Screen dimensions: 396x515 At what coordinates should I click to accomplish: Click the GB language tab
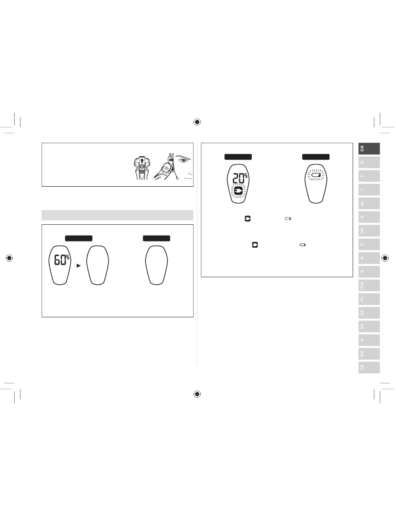[x=369, y=149]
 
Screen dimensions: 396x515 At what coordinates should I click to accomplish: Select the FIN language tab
[x=369, y=285]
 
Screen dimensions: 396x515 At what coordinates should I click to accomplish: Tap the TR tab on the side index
[x=369, y=367]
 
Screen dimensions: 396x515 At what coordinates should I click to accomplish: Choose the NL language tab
[x=369, y=203]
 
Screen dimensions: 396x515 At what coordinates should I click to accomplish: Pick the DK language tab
[x=369, y=231]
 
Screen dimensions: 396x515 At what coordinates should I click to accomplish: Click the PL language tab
[x=369, y=299]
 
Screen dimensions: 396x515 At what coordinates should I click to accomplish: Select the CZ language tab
[x=369, y=313]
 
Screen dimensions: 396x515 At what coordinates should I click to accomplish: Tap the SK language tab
[x=369, y=326]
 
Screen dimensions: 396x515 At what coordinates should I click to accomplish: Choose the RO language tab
[x=369, y=354]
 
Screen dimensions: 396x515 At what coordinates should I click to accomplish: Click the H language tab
[x=369, y=340]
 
